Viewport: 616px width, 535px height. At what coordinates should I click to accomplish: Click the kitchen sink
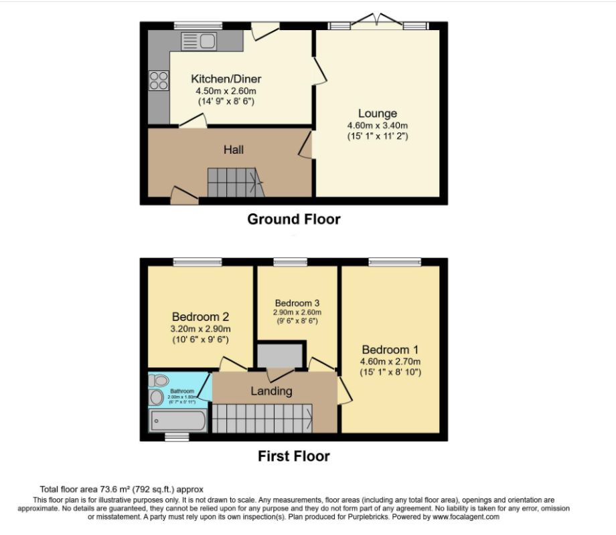198,41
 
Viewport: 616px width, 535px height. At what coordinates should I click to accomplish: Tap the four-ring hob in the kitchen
159,80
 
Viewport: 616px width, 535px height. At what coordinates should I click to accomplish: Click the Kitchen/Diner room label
226,79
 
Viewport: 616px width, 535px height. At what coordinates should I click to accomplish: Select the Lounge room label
378,114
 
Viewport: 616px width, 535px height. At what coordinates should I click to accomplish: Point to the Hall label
233,150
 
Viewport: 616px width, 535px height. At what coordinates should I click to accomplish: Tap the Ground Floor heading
293,219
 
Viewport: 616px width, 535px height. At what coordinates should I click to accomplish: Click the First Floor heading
293,456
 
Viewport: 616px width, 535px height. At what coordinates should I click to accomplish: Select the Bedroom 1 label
390,350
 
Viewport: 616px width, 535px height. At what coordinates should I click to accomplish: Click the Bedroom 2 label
201,316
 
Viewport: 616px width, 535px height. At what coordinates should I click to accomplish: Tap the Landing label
271,391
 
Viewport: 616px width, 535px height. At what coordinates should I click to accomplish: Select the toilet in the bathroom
159,381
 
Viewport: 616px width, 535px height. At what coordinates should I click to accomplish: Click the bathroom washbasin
156,398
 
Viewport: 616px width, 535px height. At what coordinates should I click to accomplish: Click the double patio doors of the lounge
378,22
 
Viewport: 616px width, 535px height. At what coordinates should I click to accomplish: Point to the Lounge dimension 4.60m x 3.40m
378,126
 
